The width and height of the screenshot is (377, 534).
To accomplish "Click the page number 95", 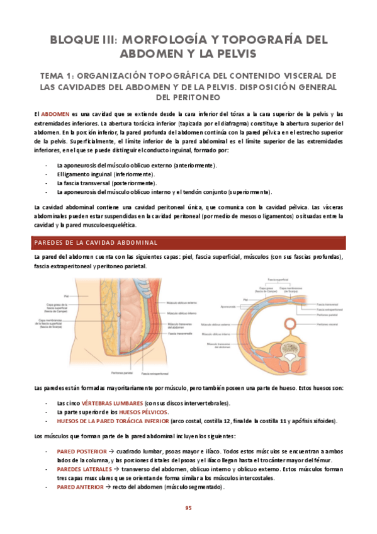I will [188, 509].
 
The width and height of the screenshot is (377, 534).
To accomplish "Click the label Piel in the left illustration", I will [65, 295].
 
